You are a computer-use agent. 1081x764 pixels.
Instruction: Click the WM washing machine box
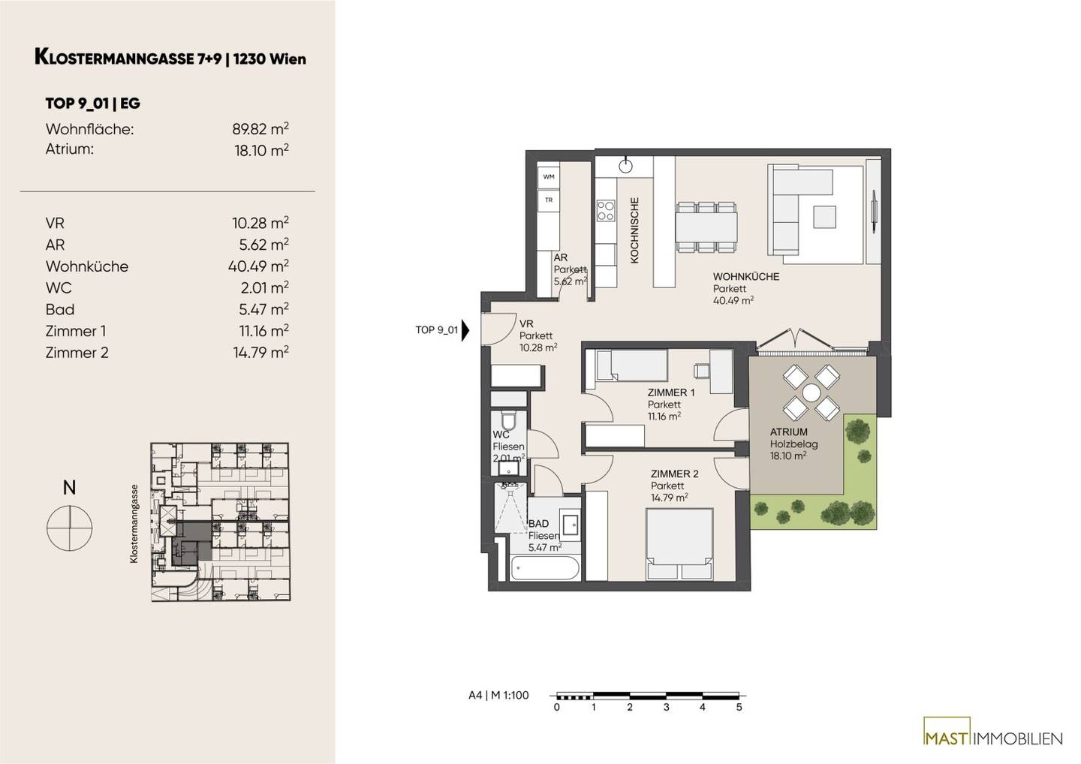click(548, 176)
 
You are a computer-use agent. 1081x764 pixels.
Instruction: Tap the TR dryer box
click(548, 200)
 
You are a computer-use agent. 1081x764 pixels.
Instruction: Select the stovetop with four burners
click(606, 211)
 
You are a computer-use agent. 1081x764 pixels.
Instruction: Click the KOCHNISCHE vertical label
click(634, 230)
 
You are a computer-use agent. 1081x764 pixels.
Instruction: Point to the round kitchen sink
click(625, 167)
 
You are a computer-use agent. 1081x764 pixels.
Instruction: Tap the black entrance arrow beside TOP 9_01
click(465, 330)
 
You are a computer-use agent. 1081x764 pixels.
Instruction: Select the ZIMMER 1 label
click(671, 393)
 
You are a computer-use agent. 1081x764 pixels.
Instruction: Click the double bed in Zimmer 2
click(679, 544)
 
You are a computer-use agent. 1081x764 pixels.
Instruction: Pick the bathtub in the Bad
click(544, 569)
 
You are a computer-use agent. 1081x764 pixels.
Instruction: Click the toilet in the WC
click(508, 420)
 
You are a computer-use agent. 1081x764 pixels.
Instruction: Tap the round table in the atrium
click(812, 392)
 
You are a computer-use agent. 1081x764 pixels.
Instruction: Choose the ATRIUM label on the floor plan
click(788, 432)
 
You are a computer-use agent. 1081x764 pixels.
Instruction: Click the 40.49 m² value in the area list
click(258, 266)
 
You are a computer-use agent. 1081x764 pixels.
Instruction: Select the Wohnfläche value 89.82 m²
click(260, 129)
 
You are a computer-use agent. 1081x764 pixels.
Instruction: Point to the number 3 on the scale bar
click(666, 708)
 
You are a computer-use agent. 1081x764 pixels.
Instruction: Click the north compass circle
click(70, 528)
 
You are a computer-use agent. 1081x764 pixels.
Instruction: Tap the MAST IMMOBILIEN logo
click(992, 738)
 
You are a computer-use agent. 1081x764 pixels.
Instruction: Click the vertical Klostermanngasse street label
click(134, 524)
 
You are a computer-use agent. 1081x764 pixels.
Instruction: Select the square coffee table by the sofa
click(824, 217)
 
